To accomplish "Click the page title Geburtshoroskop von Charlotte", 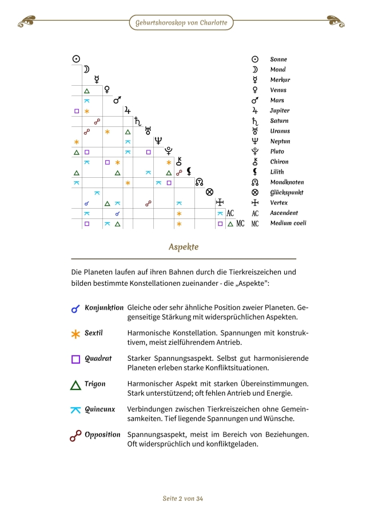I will pyautogui.click(x=181, y=23).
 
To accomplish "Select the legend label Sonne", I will pyautogui.click(x=279, y=59).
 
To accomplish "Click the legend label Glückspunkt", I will pyautogui.click(x=287, y=193).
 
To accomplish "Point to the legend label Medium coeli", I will pyautogui.click(x=288, y=224).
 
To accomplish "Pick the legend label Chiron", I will pyautogui.click(x=279, y=162).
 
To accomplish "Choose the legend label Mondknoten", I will pyautogui.click(x=287, y=182).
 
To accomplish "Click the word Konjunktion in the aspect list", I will pyautogui.click(x=104, y=308).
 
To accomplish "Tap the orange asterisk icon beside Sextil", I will pyautogui.click(x=75, y=334).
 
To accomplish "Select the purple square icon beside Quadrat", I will pyautogui.click(x=75, y=359).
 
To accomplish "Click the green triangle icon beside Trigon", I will pyautogui.click(x=75, y=385).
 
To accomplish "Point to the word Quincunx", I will pyautogui.click(x=100, y=409).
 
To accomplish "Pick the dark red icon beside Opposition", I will pyautogui.click(x=75, y=436).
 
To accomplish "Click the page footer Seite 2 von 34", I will pyautogui.click(x=183, y=499).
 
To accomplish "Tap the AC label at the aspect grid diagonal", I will pyautogui.click(x=230, y=213).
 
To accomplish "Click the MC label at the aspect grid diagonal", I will pyautogui.click(x=241, y=224).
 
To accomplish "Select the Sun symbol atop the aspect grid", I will pyautogui.click(x=76, y=58).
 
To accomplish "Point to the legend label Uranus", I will pyautogui.click(x=280, y=131).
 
